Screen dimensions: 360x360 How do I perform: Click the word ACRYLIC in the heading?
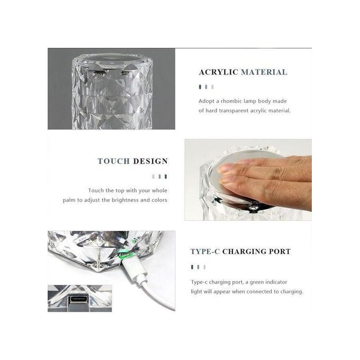pos(218,72)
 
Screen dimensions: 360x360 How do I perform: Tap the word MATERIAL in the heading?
pos(264,72)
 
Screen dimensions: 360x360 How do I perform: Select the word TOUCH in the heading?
pos(114,161)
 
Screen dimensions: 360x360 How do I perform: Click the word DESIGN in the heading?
pos(150,161)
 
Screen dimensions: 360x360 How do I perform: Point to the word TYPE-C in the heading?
pos(205,251)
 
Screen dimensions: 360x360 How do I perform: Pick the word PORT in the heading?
pos(280,251)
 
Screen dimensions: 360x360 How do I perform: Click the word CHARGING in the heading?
pos(244,251)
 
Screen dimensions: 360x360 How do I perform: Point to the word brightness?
pos(125,200)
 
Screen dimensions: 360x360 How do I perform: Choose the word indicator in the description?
pos(276,282)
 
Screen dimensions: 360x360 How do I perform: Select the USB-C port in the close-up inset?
pos(78,300)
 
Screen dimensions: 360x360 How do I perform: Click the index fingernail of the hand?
pos(224,169)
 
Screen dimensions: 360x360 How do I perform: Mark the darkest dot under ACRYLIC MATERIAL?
pos(200,87)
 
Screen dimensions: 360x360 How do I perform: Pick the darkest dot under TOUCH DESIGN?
pos(166,176)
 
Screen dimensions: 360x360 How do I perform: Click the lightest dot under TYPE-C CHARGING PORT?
pos(204,267)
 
